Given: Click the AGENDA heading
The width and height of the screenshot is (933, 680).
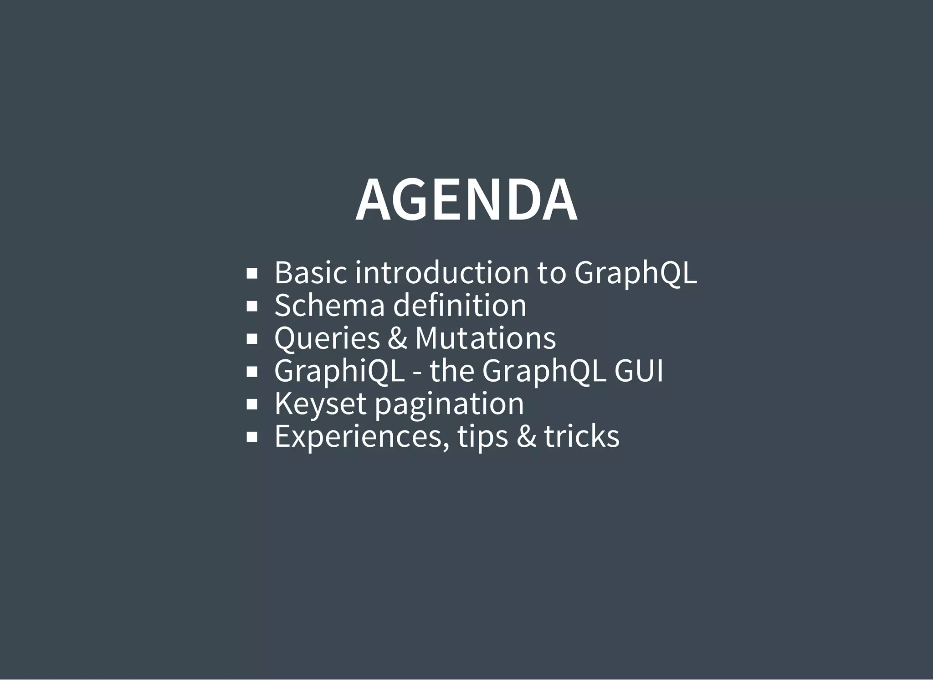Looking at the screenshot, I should tap(466, 200).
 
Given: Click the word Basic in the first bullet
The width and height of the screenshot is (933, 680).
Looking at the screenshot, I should tap(310, 272).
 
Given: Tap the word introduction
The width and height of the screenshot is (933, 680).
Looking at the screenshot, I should tap(441, 272).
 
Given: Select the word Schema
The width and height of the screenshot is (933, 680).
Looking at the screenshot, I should tap(329, 305).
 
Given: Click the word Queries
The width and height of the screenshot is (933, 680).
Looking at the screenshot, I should tap(327, 338).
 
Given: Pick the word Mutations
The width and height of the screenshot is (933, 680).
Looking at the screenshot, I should tap(485, 338).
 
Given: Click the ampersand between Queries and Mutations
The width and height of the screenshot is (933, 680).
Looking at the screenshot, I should tap(397, 338).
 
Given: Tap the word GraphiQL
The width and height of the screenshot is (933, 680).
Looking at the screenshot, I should tap(339, 371).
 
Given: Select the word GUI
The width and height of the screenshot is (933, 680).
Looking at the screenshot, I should tap(638, 371).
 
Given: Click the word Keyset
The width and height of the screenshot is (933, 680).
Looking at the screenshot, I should tap(320, 404).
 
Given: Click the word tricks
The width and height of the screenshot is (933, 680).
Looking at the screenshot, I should tap(582, 436).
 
